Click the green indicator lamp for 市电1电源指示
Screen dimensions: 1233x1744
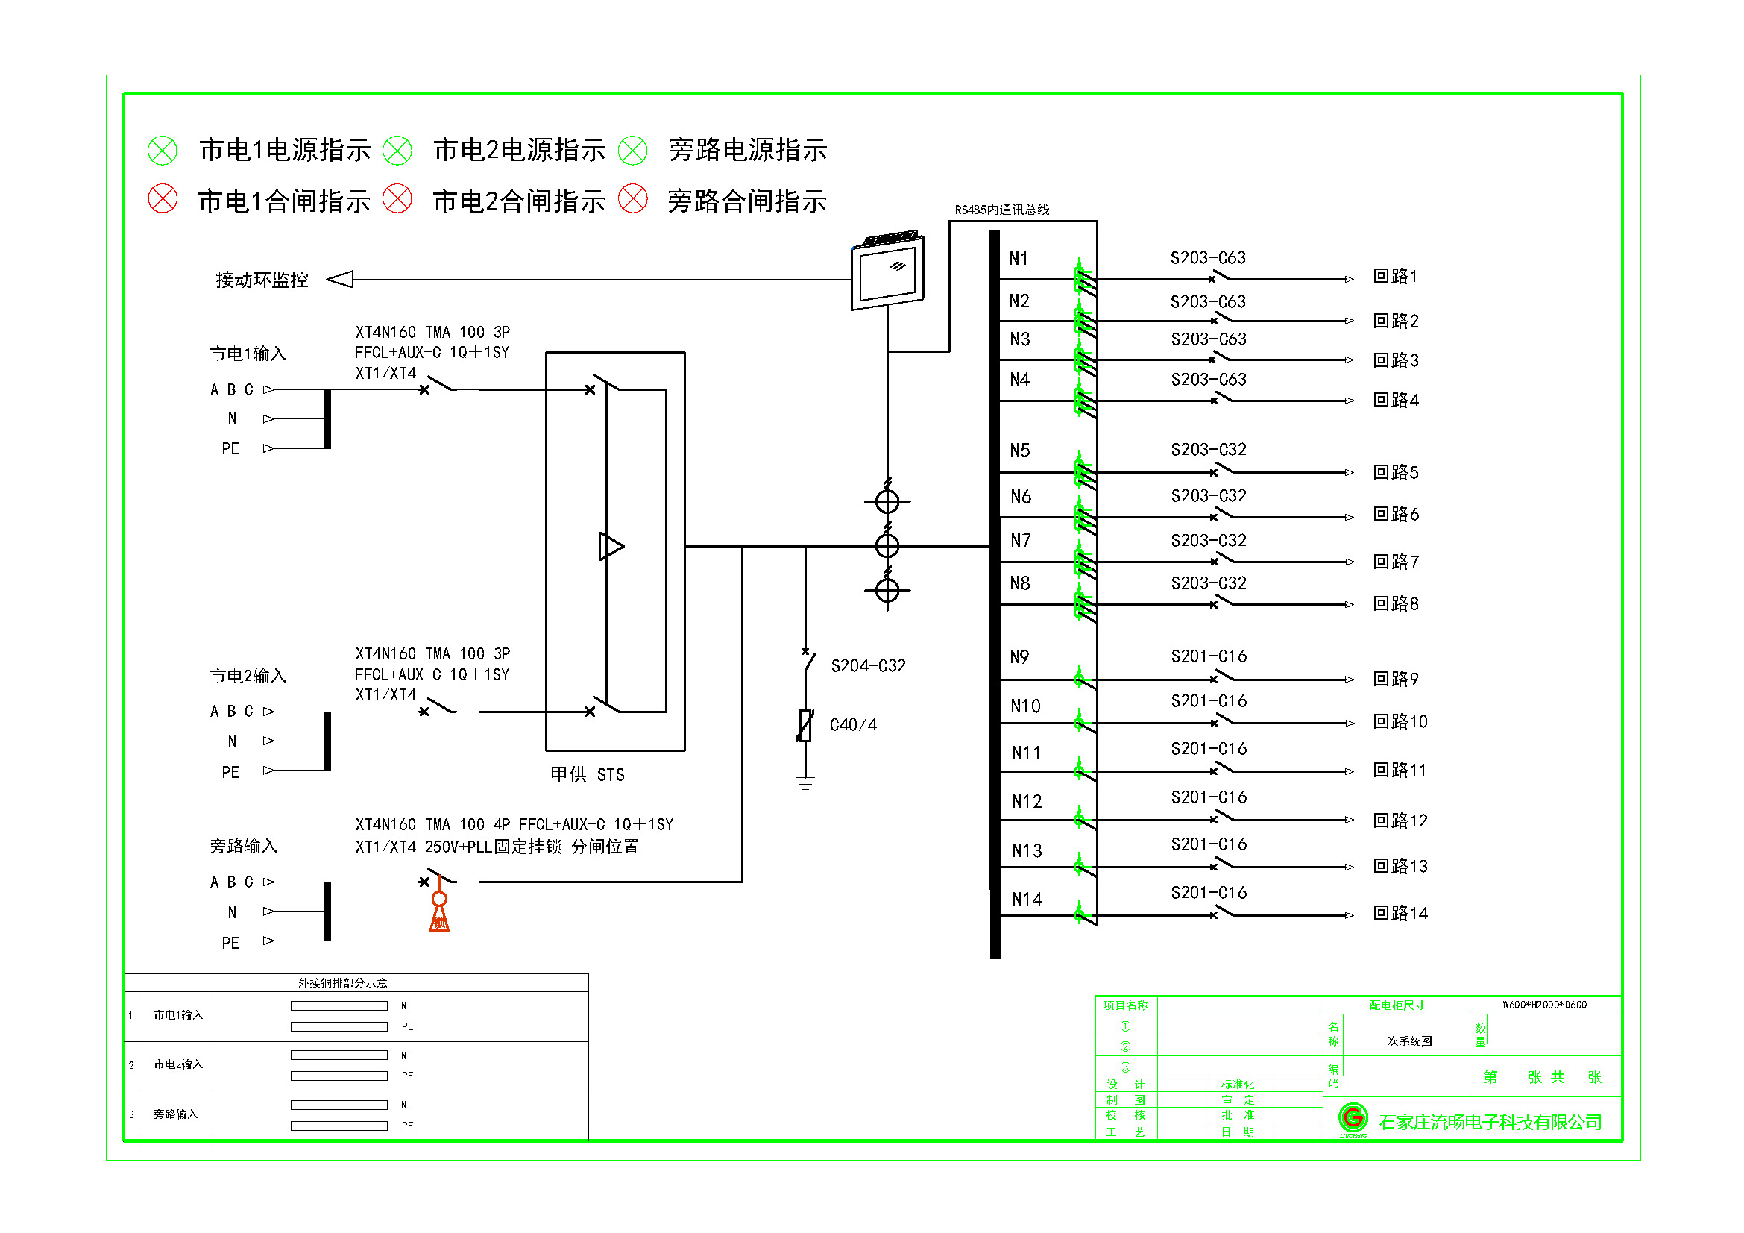pos(162,151)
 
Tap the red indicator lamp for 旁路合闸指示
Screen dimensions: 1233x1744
pos(632,199)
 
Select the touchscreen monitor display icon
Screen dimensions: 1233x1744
pos(888,272)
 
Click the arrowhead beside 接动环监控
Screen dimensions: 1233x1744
pos(340,280)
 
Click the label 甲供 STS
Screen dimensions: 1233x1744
pos(587,774)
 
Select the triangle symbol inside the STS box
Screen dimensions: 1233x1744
pos(611,546)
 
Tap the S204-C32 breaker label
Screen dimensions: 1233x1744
pos(868,666)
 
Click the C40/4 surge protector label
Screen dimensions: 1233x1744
pos(853,725)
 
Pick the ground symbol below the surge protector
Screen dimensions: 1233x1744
pos(805,783)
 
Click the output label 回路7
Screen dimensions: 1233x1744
pos(1395,562)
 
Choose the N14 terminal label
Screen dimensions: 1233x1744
pos(1027,900)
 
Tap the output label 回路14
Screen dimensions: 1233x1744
pos(1400,913)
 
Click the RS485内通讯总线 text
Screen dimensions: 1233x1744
pos(1001,210)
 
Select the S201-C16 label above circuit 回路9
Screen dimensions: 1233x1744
pos(1209,656)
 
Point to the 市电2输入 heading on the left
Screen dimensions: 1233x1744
pos(248,676)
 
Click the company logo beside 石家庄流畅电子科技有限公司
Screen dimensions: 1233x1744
pos(1352,1118)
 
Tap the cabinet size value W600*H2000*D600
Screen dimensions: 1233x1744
pos(1544,1004)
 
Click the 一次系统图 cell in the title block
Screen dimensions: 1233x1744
pos(1404,1041)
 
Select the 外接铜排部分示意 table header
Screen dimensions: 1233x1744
pos(342,983)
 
